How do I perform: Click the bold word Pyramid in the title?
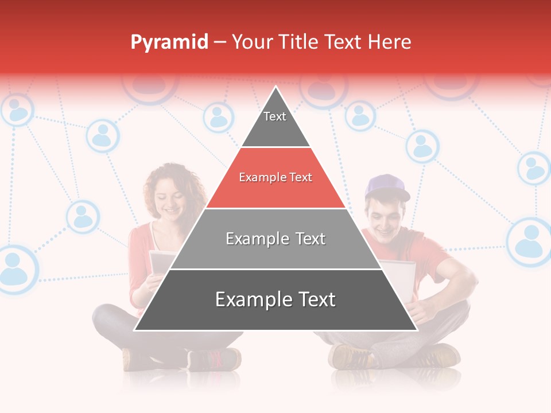click(169, 42)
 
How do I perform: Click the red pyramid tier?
click(275, 178)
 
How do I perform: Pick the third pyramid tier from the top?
click(275, 239)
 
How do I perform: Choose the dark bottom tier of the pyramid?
click(275, 300)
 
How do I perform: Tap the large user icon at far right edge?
click(530, 241)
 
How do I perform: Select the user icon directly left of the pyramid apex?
click(219, 117)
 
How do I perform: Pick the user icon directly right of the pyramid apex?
click(360, 115)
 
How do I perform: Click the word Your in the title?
click(252, 42)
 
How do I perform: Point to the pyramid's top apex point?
click(276, 87)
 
